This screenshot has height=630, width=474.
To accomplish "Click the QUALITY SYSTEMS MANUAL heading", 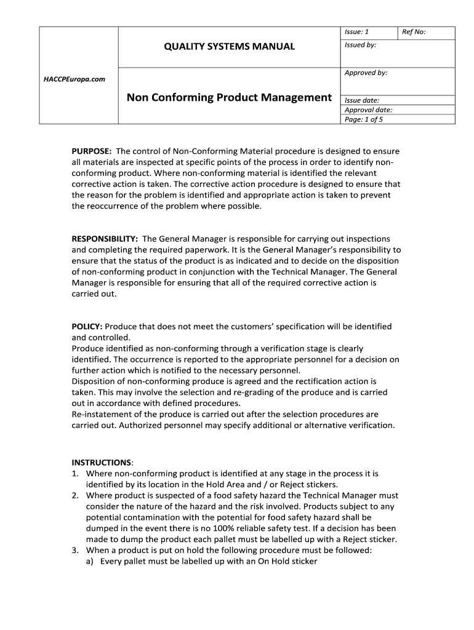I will tap(229, 46).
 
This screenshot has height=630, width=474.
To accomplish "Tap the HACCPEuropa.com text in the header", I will tap(74, 79).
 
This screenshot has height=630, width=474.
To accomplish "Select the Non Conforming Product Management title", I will tap(229, 97).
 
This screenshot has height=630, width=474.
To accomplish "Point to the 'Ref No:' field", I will tap(414, 31).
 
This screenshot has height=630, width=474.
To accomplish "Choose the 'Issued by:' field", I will tap(361, 45).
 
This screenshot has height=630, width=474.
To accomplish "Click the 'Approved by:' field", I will tap(366, 73).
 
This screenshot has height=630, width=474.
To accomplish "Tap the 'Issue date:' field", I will tap(362, 100).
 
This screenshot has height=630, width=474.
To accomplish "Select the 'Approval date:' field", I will tap(368, 110).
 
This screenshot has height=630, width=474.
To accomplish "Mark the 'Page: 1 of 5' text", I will tap(364, 119).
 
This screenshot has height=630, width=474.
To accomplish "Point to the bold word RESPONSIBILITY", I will tap(105, 239).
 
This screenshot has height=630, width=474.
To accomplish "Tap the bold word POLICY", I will tap(87, 327).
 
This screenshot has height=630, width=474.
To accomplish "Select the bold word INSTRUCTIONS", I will tap(102, 463).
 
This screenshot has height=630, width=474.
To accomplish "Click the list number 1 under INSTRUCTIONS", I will tap(74, 474).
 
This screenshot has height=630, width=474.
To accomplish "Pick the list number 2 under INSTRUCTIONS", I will tap(74, 495).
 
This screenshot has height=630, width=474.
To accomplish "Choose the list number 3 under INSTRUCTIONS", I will tap(74, 551).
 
